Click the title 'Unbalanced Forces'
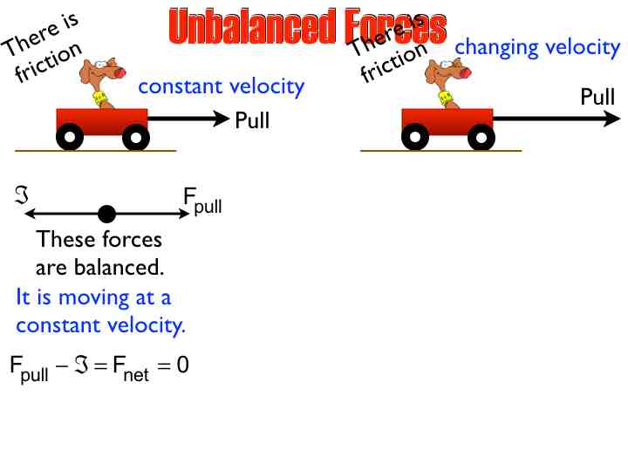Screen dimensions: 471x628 coord(307,27)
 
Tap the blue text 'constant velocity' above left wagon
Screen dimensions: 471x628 coord(222,86)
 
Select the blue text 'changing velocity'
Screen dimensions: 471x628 coord(537,47)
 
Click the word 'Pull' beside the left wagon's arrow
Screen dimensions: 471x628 coord(252,120)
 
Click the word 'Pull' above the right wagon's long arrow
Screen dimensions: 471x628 coord(597,96)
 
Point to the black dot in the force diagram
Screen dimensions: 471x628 coord(106,214)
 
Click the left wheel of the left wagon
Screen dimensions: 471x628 coord(70,137)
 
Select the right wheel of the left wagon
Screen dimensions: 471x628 coord(135,137)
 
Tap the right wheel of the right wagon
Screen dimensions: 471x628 coord(481,137)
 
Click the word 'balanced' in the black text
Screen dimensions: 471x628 coord(117,266)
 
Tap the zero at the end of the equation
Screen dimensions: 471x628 coord(182,365)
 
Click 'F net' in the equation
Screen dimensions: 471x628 coord(131,367)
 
